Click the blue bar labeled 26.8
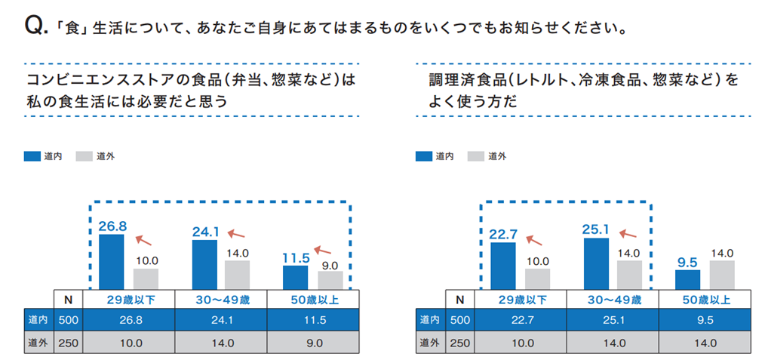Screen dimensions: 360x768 coord(112,261)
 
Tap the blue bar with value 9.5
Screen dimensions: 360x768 coord(687,279)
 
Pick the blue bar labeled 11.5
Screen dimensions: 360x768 coord(296,277)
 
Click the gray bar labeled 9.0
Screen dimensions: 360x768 coord(330,280)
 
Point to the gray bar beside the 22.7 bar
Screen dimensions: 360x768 coord(537,278)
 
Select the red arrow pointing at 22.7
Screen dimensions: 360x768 coord(534,240)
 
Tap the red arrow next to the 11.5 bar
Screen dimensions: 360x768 coord(324,248)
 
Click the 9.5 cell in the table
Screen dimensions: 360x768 coord(705,319)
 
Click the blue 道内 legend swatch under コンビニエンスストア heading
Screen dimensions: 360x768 coord(32,156)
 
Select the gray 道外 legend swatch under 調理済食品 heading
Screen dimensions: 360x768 coord(475,156)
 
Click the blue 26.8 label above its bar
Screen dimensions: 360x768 coord(112,226)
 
